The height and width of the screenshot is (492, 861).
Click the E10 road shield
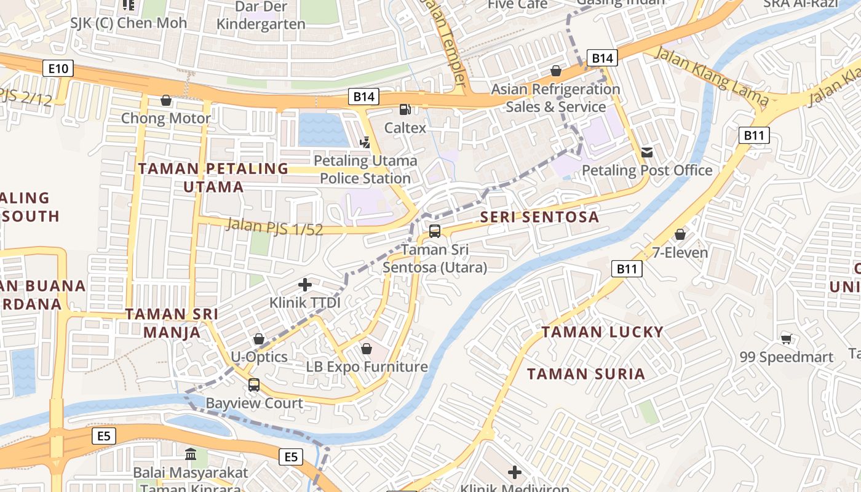[x=58, y=68]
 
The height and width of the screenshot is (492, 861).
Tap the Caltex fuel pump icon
[x=405, y=109]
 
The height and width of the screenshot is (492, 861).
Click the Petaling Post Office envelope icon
[x=647, y=152]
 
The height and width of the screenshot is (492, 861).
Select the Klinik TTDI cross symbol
[x=305, y=284]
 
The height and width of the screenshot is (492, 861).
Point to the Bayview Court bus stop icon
[x=254, y=385]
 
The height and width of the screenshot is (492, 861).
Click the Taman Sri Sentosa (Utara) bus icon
[x=435, y=231]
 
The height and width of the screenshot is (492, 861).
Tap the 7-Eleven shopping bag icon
[x=680, y=234]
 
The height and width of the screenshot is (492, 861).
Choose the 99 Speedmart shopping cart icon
[x=786, y=338]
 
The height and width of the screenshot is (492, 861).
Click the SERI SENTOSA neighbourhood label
[x=539, y=216]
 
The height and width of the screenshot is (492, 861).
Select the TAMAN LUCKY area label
[x=602, y=332]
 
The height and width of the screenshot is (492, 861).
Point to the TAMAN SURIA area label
[x=585, y=374]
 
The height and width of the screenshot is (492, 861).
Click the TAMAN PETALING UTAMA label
[x=213, y=177]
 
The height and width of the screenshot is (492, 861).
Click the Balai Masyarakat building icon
[x=191, y=454]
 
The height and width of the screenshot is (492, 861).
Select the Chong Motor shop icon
[x=165, y=100]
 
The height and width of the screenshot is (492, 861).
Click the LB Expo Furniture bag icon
[x=367, y=349]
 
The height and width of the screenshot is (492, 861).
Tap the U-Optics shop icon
[x=259, y=339]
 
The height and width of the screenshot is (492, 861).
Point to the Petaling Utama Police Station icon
[x=365, y=143]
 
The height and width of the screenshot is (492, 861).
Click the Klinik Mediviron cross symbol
[x=515, y=472]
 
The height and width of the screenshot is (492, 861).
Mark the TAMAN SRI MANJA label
[x=172, y=323]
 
